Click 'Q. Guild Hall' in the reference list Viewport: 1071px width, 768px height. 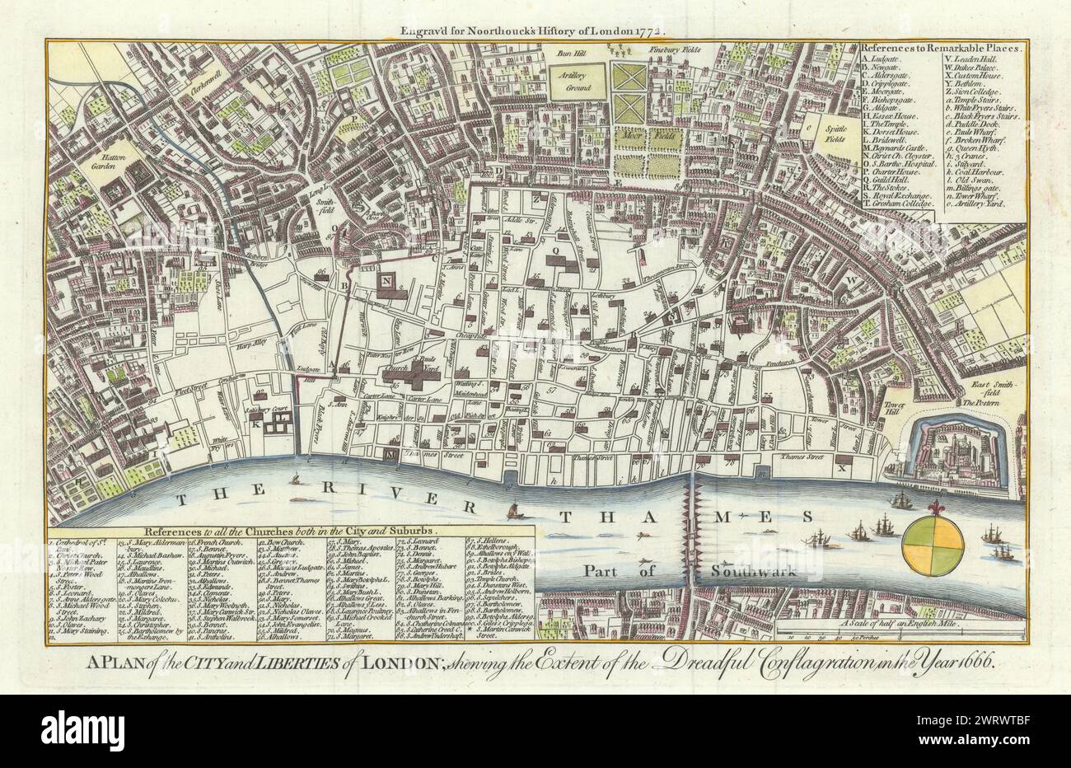coord(890,176)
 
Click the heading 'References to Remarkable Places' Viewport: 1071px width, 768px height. coord(939,48)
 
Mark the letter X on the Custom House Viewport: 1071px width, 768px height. coord(841,467)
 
